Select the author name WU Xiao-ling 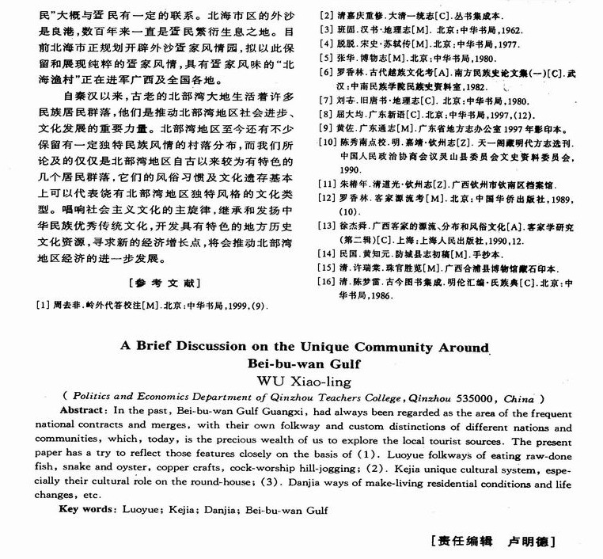[301, 382]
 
